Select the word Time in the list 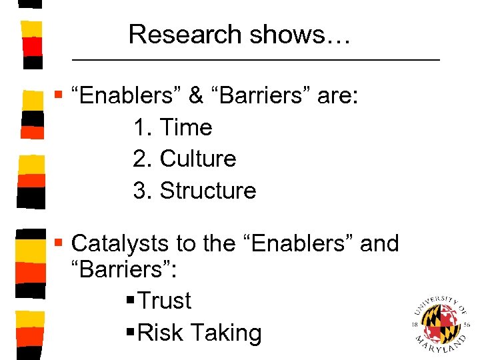click(186, 127)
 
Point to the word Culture click(198, 159)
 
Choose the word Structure click(208, 191)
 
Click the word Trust click(165, 301)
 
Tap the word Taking click(225, 333)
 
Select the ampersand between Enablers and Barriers click(195, 96)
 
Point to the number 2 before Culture click(140, 159)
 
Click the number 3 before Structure click(140, 191)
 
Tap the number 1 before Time click(140, 127)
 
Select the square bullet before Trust click(129, 301)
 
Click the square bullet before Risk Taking click(129, 333)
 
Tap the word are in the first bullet click(338, 96)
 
